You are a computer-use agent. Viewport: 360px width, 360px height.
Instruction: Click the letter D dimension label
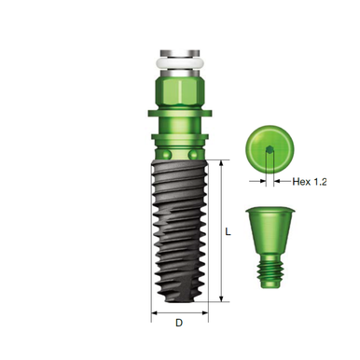point(180,324)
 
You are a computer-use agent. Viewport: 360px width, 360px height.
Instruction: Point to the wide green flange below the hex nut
point(180,117)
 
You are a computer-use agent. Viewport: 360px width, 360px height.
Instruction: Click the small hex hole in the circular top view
point(270,150)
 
